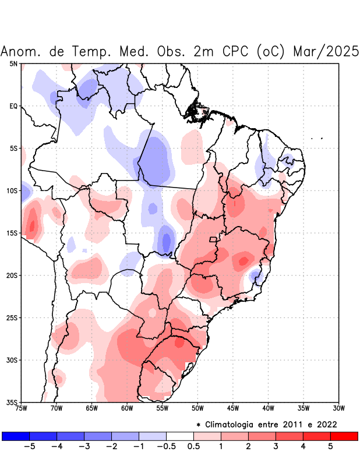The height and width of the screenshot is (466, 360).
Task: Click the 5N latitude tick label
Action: tap(13, 63)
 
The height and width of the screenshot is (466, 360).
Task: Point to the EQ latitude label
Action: tap(13, 106)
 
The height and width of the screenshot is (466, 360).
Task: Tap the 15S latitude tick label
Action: tap(12, 233)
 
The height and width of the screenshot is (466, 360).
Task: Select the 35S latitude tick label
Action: tap(12, 402)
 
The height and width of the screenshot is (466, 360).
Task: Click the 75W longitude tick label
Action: tap(22, 408)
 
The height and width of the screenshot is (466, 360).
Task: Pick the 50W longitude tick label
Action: tap(197, 408)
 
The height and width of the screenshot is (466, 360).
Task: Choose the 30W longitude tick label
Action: tap(338, 408)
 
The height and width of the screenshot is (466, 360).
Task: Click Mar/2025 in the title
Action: tap(326, 51)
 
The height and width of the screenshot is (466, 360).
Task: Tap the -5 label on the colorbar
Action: tap(30, 447)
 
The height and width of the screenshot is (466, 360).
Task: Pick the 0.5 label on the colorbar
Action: tap(193, 447)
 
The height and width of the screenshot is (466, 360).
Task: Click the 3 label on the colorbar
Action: tap(276, 447)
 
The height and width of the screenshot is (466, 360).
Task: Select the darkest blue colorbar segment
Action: tap(16, 436)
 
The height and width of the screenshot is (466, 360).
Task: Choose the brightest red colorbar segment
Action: tap(344, 436)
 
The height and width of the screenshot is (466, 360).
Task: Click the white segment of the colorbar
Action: tap(179, 436)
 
